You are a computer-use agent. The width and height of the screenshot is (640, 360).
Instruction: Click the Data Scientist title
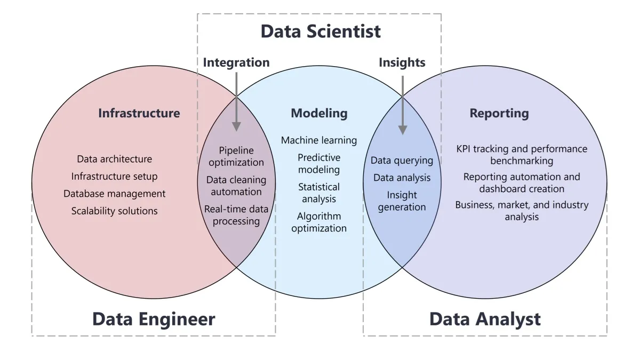tap(321, 31)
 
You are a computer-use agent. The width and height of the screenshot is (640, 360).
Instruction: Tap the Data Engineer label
tap(154, 319)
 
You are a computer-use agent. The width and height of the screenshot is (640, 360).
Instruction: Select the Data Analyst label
tap(485, 319)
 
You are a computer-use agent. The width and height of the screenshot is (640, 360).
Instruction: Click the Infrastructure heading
tap(139, 113)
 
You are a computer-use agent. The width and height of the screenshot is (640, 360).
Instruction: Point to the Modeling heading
tap(319, 113)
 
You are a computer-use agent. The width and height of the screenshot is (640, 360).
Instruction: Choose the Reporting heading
tap(499, 113)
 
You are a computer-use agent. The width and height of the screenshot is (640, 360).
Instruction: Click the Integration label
tap(236, 62)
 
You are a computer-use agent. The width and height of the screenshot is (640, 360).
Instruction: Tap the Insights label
tap(402, 62)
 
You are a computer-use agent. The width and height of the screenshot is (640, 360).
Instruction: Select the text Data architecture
tap(114, 159)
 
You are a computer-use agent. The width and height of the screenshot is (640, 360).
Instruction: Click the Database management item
tap(114, 194)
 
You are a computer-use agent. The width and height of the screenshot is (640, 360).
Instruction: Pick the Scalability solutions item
tap(114, 211)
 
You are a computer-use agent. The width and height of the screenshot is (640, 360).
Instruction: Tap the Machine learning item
tap(319, 140)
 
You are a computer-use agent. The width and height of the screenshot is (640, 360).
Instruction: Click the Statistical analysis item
tap(319, 193)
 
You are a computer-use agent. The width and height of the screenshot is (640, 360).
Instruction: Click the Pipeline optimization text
tap(236, 156)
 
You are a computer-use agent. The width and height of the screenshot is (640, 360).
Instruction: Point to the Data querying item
tap(402, 160)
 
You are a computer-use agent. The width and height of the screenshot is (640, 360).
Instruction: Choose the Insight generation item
tap(402, 201)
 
